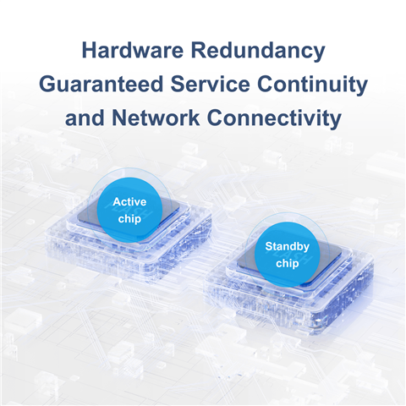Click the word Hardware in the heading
(133, 50)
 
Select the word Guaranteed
(101, 84)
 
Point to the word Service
(211, 84)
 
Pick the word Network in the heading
(156, 118)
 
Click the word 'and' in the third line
(85, 118)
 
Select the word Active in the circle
(129, 202)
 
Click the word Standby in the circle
(288, 246)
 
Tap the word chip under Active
(129, 219)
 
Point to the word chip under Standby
(288, 264)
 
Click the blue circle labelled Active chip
(129, 210)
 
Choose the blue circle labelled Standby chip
(288, 255)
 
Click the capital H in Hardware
(89, 50)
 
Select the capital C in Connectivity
(215, 118)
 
